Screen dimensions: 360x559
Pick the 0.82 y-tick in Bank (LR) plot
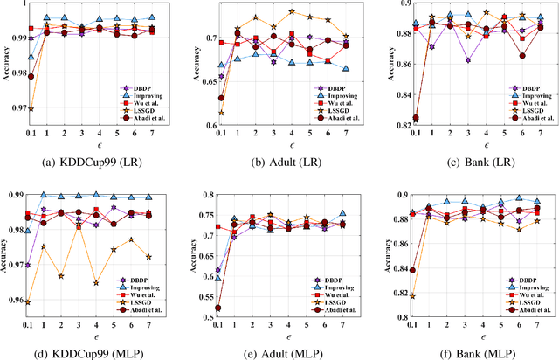[394, 126]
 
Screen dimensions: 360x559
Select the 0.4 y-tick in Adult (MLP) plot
[207, 197]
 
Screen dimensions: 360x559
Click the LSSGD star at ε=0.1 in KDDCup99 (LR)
[31, 108]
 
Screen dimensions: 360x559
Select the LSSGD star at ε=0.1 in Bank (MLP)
[412, 296]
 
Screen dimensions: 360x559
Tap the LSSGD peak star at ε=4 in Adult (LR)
[291, 12]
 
